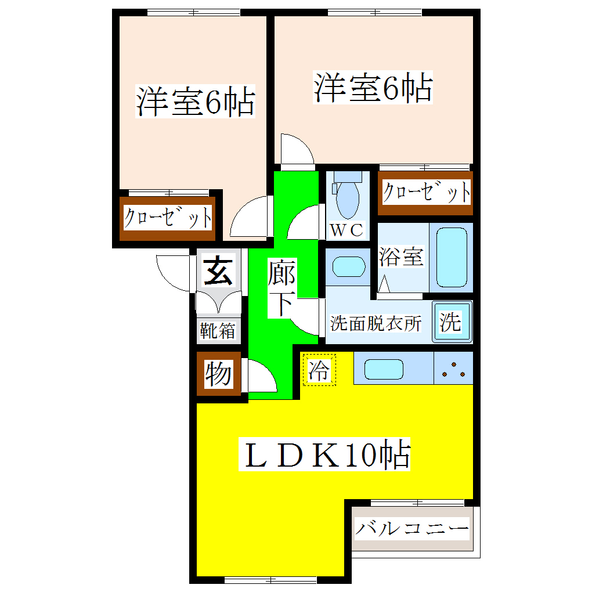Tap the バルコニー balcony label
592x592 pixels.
[x=411, y=529]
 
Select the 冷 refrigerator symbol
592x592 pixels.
[x=319, y=370]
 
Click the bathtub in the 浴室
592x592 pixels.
[x=452, y=257]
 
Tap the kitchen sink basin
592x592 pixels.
[x=383, y=369]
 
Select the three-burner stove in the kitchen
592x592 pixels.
[x=453, y=368]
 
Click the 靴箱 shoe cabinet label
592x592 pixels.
[x=218, y=331]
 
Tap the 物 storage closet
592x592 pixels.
[x=218, y=374]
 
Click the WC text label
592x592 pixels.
[x=346, y=230]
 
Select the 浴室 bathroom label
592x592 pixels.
[x=401, y=257]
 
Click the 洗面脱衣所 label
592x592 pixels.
[x=376, y=323]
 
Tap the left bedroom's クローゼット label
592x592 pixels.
[x=168, y=219]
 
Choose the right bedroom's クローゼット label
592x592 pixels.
[x=425, y=192]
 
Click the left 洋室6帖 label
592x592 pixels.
[x=195, y=102]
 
